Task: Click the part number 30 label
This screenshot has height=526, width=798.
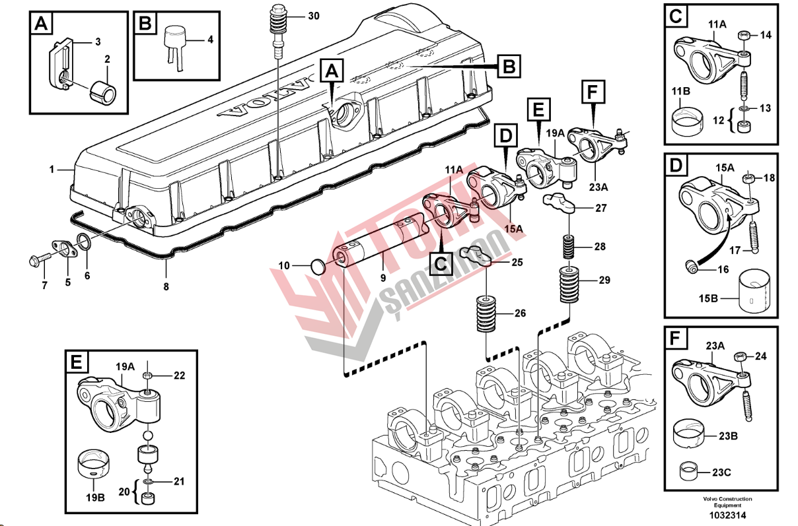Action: [313, 15]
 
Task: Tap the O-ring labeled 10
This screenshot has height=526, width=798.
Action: [318, 267]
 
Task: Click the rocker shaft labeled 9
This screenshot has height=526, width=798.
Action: [377, 244]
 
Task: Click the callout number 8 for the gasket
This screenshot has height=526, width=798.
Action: [166, 286]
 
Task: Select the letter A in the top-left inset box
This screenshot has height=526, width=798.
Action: [41, 24]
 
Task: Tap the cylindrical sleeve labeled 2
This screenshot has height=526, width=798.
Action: [102, 93]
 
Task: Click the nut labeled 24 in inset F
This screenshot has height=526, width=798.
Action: [740, 357]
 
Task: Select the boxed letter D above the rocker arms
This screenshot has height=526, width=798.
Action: [505, 137]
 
